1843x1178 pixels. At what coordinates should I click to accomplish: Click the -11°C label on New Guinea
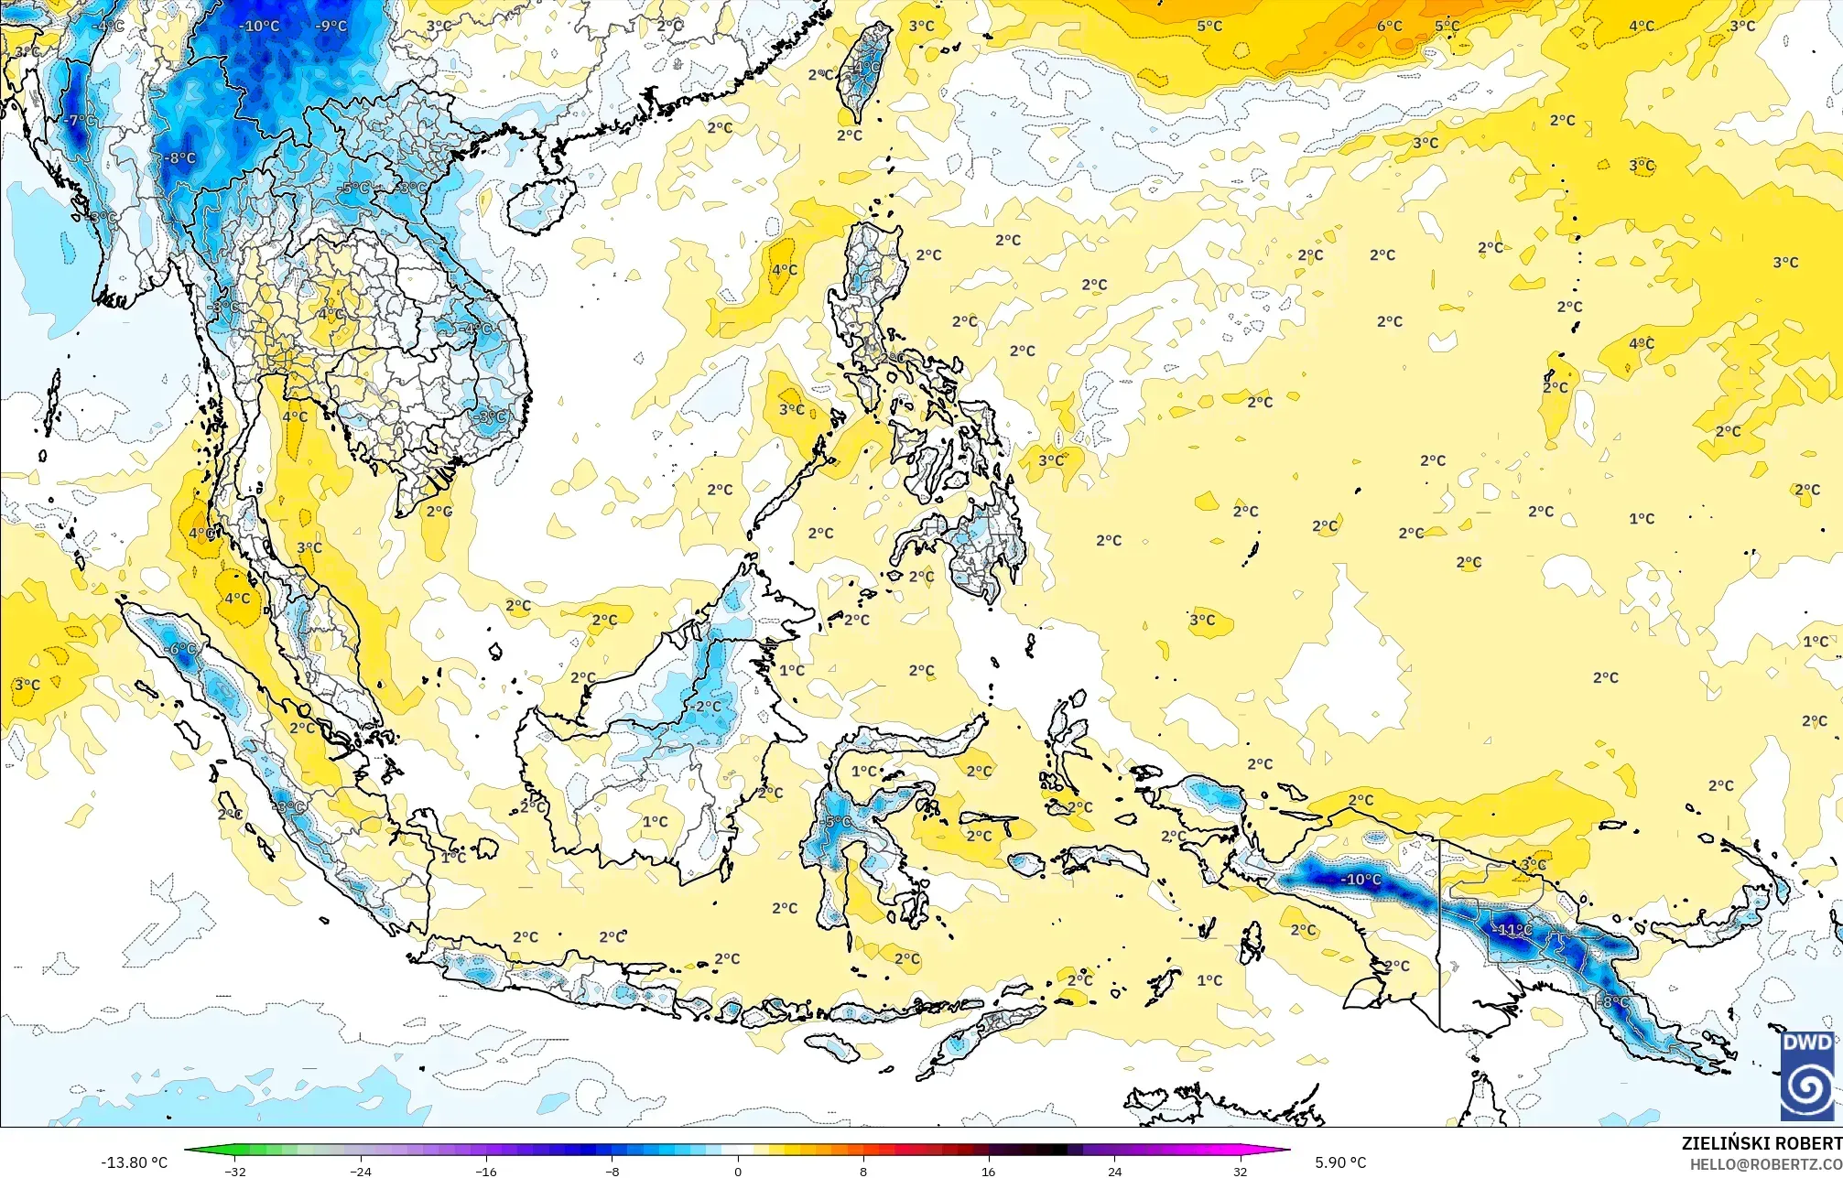(x=1514, y=930)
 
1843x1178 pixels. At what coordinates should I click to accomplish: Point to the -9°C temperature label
(x=331, y=26)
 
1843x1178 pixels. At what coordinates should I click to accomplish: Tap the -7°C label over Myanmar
(x=81, y=120)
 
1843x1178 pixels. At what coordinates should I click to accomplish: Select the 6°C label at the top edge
(x=1389, y=26)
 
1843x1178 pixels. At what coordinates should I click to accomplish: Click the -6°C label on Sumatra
(x=180, y=649)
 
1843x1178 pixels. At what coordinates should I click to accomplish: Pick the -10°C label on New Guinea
(x=1361, y=880)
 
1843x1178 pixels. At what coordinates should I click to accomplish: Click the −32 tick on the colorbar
(x=235, y=1171)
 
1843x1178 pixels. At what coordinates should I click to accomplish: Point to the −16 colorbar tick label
(x=486, y=1171)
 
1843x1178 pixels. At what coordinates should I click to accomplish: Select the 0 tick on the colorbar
(x=738, y=1171)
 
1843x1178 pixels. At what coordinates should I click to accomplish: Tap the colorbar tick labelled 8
(x=863, y=1171)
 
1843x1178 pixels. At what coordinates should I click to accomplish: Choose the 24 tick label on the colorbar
(x=1114, y=1171)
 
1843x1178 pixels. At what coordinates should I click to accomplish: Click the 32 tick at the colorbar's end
(x=1240, y=1171)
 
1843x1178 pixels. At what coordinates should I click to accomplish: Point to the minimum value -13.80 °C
(x=134, y=1162)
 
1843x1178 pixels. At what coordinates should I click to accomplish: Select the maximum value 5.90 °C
(x=1340, y=1162)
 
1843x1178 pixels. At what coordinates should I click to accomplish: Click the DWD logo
(x=1807, y=1076)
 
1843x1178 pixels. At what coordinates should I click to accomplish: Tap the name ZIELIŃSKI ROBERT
(x=1761, y=1143)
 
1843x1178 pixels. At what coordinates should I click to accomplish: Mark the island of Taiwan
(x=862, y=73)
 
